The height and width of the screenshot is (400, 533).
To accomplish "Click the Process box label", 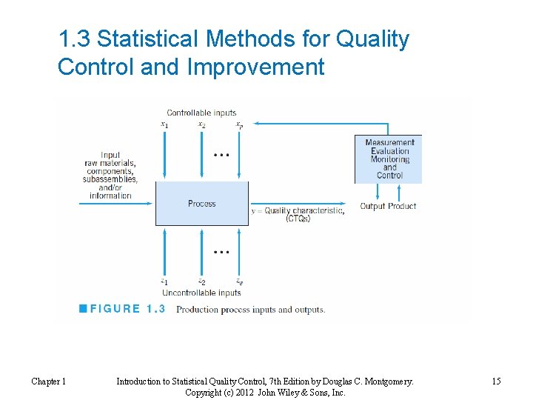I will tap(201, 204).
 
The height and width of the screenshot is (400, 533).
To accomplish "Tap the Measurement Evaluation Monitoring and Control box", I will tap(389, 159).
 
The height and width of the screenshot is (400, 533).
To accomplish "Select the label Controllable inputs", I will tap(201, 113).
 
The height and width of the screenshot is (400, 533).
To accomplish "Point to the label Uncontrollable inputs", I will tap(201, 293).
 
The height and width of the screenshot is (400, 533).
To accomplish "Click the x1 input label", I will tap(164, 124).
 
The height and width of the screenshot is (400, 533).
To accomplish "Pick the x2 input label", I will tap(201, 124).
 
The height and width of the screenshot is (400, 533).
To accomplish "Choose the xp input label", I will tap(238, 124).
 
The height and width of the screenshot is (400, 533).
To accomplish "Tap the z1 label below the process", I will tap(164, 281).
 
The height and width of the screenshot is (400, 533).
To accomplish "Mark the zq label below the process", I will tap(238, 281).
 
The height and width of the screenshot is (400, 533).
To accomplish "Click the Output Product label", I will tap(388, 206).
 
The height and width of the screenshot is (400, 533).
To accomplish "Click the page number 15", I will tap(496, 381).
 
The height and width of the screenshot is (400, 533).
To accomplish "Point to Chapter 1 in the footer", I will tap(48, 381).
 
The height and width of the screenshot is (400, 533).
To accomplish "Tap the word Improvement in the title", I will tap(256, 67).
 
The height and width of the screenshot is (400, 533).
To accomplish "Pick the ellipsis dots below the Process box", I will tap(221, 252).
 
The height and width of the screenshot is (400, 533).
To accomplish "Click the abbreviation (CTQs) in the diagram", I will tap(298, 219).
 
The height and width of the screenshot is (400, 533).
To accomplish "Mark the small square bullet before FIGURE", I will tap(84, 309).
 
